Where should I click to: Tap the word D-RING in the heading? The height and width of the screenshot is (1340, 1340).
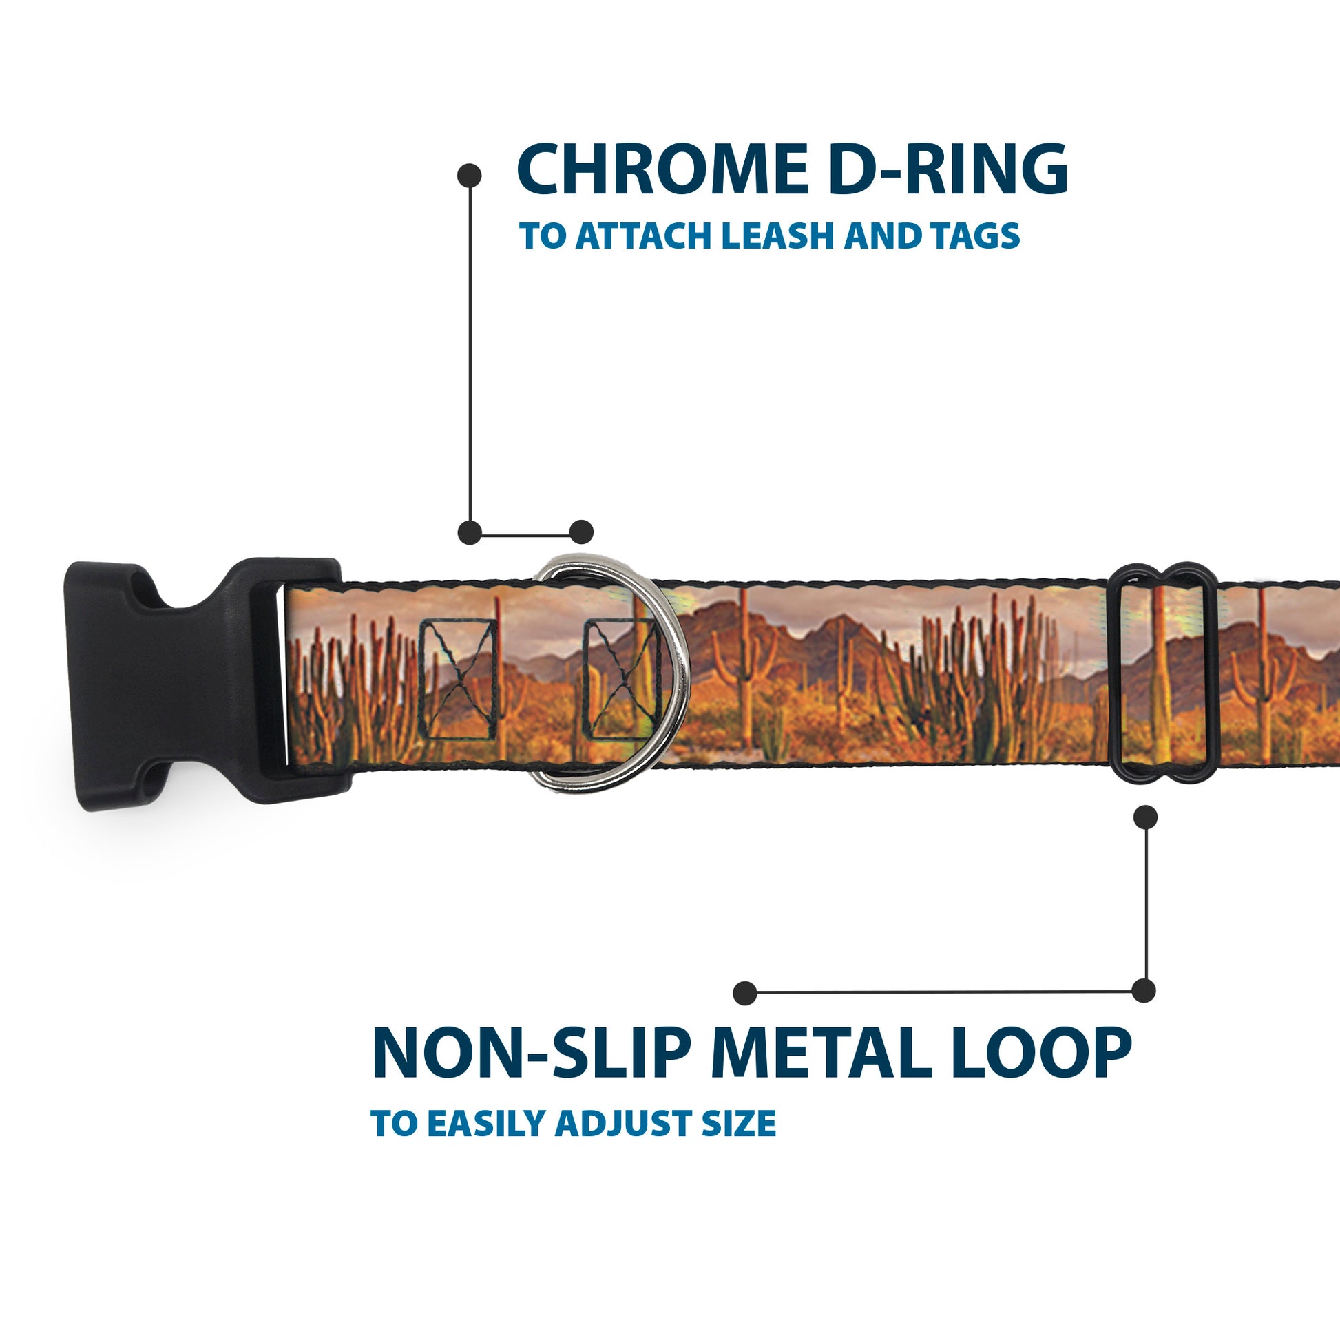(x=948, y=170)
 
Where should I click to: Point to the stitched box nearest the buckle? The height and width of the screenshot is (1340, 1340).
(x=459, y=679)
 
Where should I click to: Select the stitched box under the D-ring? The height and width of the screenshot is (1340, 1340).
(x=618, y=679)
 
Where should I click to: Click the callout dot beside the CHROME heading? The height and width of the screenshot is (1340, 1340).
(x=470, y=176)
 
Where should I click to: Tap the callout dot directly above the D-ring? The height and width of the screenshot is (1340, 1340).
(x=581, y=532)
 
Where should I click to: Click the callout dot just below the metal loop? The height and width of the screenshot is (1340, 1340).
(x=1144, y=817)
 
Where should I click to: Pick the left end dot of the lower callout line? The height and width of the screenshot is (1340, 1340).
(x=744, y=993)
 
